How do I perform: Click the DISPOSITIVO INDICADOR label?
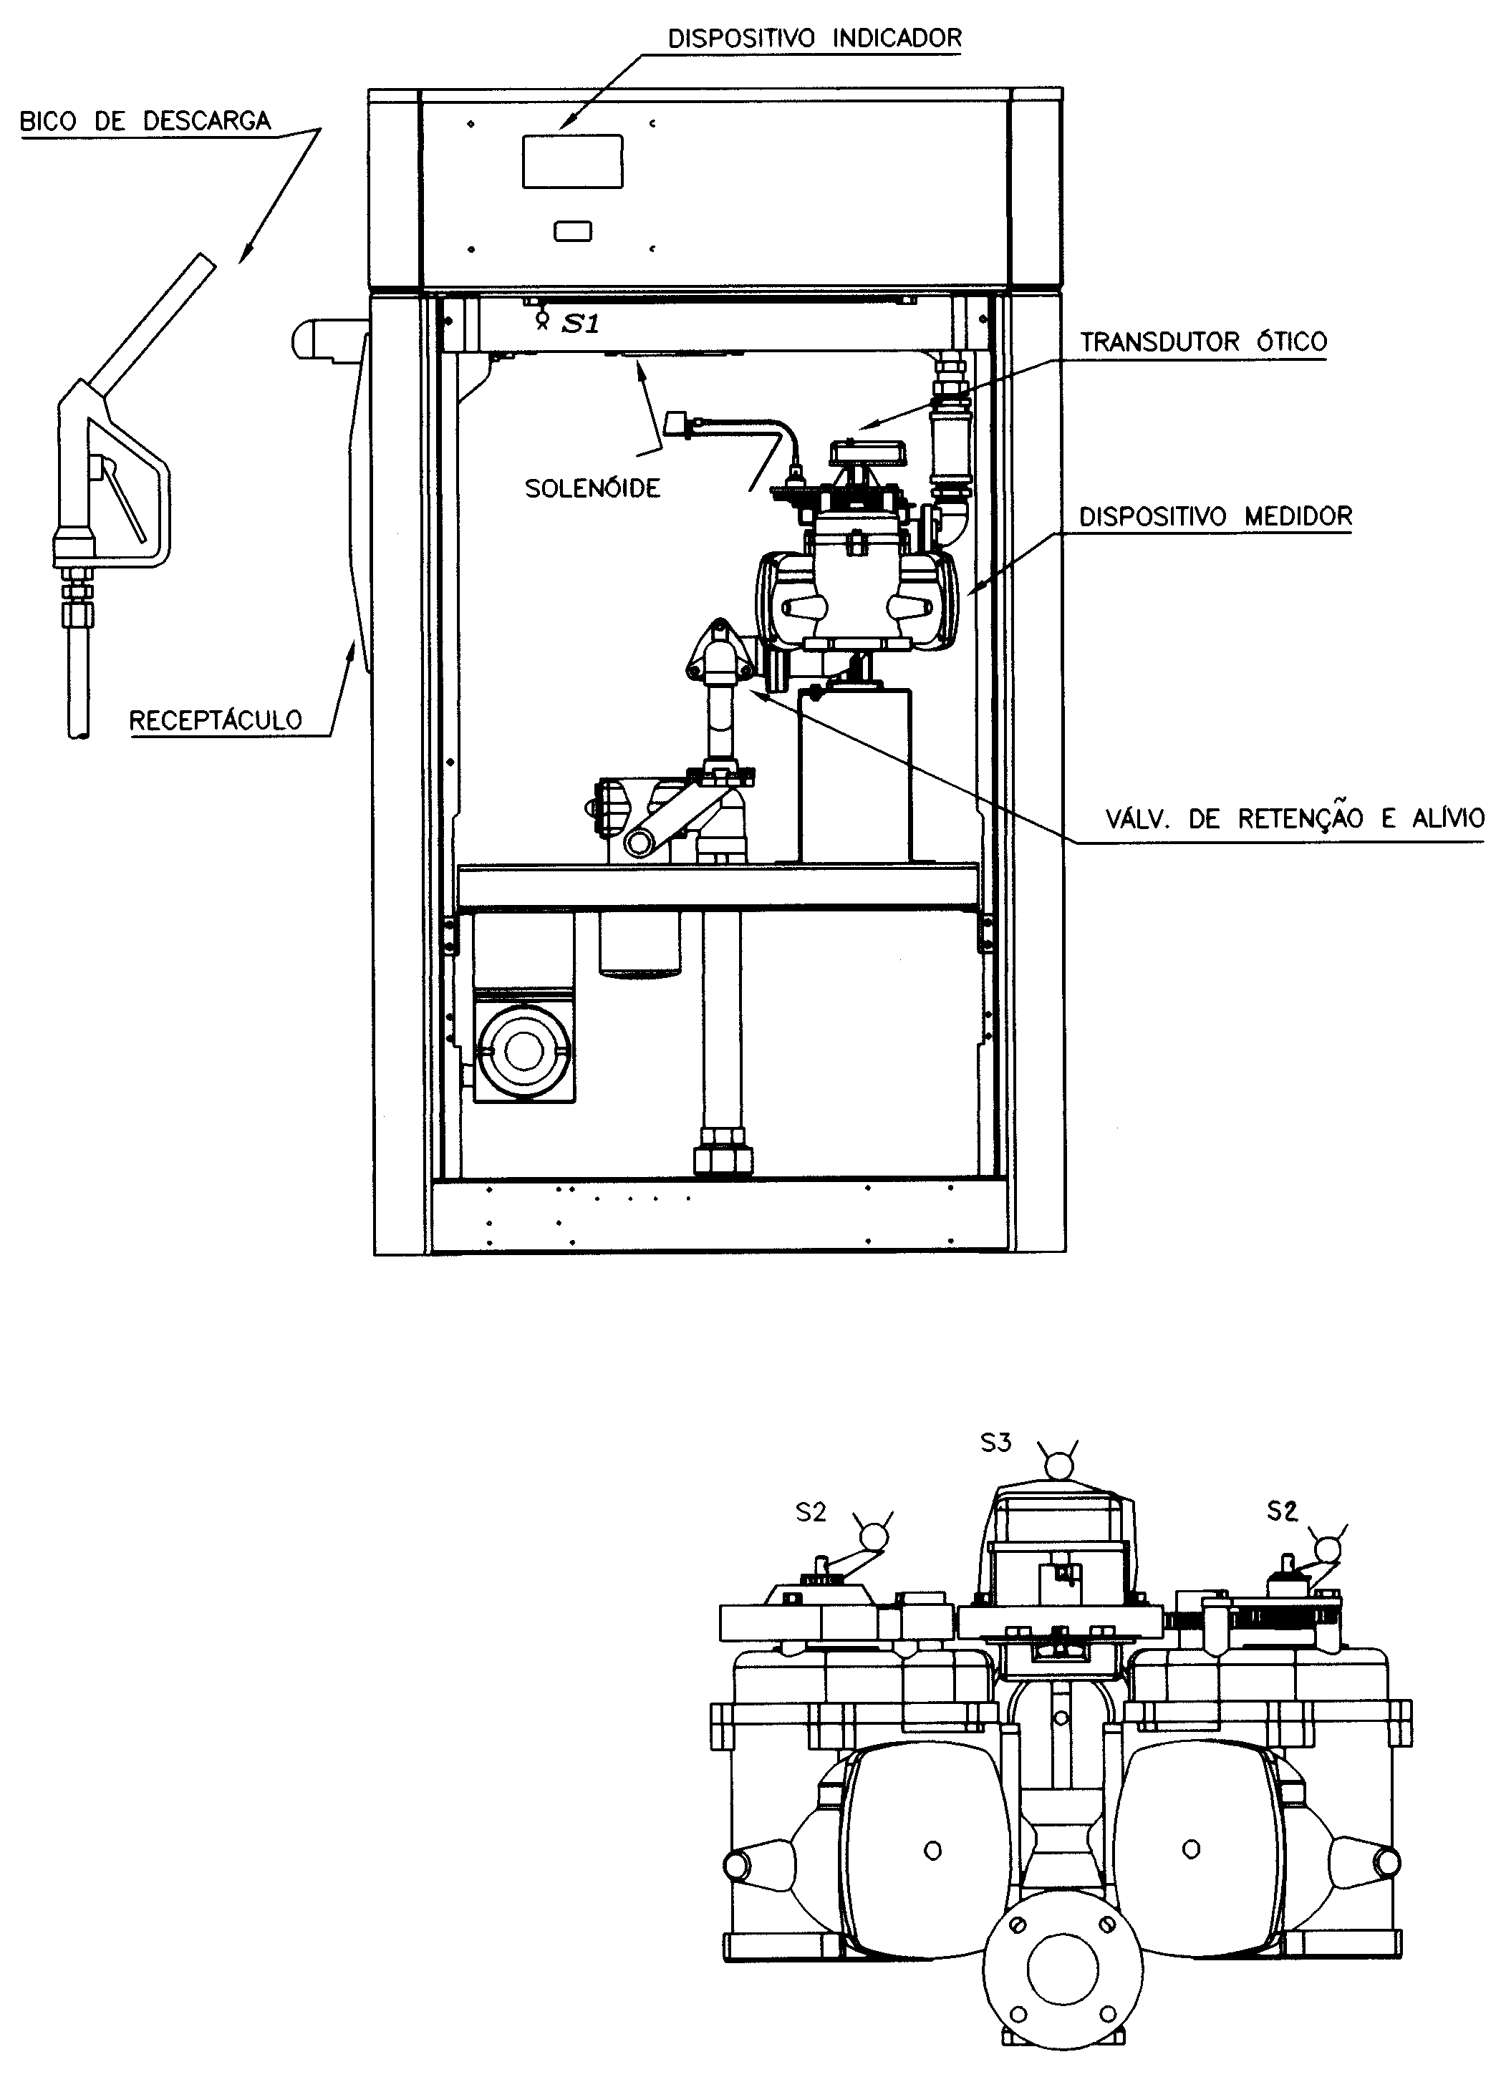point(814,39)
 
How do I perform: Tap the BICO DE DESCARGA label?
point(145,122)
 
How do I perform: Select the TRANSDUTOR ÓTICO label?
point(1203,342)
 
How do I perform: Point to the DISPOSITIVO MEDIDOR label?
point(1215,516)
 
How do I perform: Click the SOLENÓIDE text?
point(592,488)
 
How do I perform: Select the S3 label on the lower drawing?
point(995,1443)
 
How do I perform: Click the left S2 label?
point(811,1513)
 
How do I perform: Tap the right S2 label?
point(1282,1511)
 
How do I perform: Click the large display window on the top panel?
point(572,161)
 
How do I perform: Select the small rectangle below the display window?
point(572,232)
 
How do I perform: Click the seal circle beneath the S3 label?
point(1060,1467)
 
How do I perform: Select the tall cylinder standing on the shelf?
point(854,775)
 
